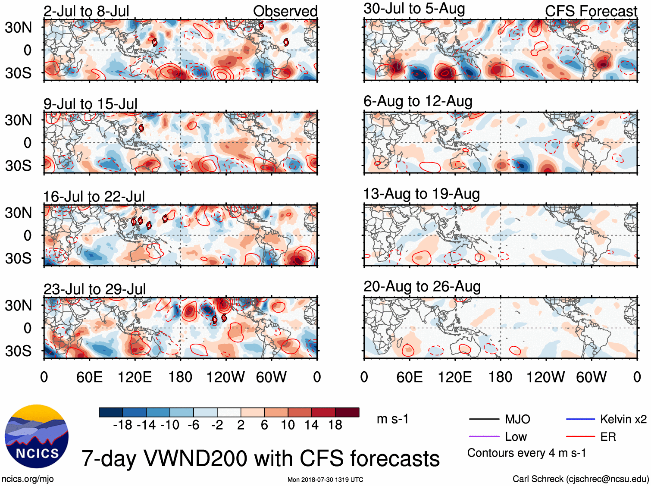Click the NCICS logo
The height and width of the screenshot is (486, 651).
tap(37, 436)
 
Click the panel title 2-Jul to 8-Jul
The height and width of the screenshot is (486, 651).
tap(86, 11)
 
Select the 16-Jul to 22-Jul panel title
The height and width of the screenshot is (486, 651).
tap(94, 197)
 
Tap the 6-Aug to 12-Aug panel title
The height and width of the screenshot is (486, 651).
tap(418, 101)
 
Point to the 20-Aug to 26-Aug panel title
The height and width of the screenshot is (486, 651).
tap(422, 287)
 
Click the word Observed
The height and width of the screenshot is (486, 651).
tap(285, 11)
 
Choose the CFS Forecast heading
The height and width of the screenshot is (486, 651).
tap(591, 11)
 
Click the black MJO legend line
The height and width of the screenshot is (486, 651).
tap(484, 419)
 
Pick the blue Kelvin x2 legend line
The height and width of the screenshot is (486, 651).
tap(580, 419)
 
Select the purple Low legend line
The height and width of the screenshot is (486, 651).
tap(484, 437)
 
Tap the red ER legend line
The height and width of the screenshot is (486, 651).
tap(580, 437)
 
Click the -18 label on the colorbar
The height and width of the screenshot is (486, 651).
tap(123, 425)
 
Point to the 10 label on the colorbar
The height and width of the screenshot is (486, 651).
tap(288, 425)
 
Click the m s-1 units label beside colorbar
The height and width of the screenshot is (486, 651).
tap(392, 419)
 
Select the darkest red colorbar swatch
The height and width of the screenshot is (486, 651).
tap(347, 412)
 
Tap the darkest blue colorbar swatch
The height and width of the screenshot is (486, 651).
tap(111, 412)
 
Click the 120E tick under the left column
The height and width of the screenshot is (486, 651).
tap(135, 377)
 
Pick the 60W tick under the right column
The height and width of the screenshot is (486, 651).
tap(591, 377)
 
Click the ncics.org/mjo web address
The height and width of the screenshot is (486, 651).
tap(28, 479)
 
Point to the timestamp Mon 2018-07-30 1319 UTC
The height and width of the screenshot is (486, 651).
tap(325, 480)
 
